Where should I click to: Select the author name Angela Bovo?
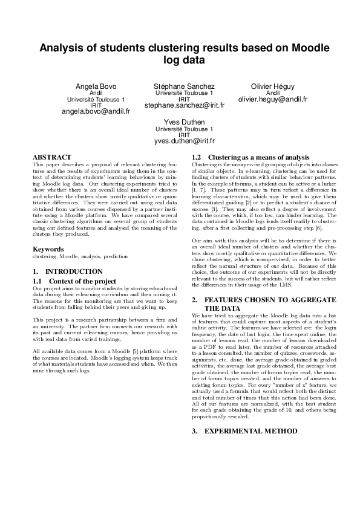point(96,86)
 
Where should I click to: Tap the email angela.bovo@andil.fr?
point(96,112)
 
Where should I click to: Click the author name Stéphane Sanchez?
point(185,86)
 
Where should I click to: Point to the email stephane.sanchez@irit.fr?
point(185,105)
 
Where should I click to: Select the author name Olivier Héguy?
point(273,86)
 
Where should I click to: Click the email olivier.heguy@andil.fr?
point(273,99)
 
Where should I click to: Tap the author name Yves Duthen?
point(185,122)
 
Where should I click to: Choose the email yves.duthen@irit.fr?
point(185,141)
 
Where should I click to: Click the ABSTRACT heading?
point(51,157)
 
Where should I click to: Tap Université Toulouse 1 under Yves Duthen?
point(185,129)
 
